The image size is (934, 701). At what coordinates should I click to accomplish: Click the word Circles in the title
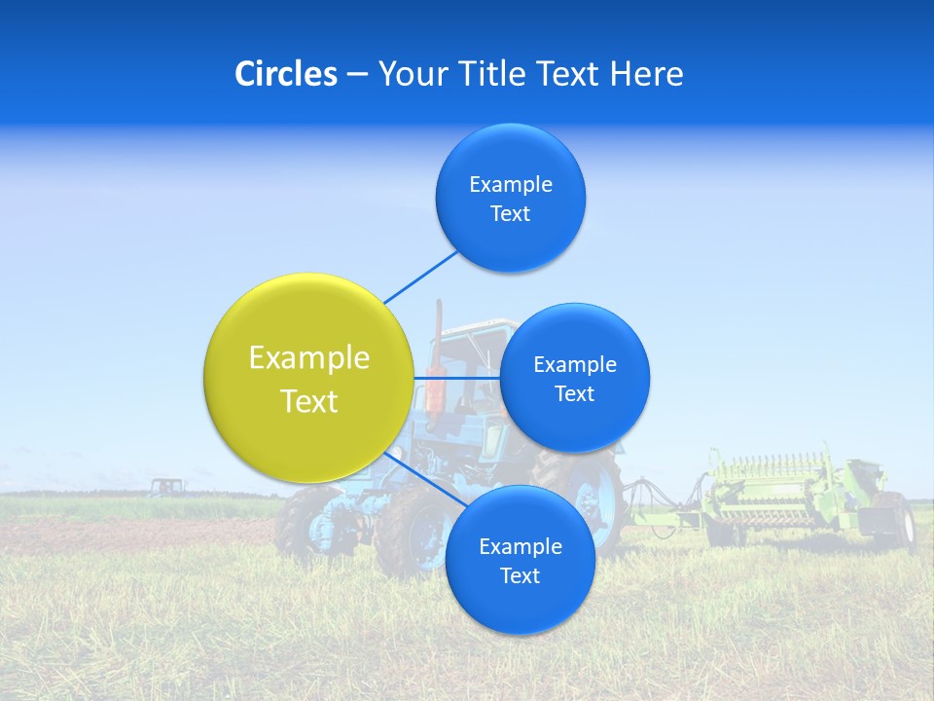(285, 74)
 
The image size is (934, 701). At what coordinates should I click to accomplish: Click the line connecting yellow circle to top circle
(420, 277)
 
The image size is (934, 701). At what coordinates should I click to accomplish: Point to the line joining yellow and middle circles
(457, 378)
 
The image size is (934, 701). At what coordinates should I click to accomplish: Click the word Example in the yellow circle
(308, 358)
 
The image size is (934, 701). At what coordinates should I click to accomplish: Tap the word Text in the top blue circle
(510, 214)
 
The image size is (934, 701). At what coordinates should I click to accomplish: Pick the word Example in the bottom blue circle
(520, 547)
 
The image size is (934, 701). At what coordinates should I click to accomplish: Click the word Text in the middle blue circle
(574, 394)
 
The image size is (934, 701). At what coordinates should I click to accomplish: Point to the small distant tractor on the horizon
(166, 486)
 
